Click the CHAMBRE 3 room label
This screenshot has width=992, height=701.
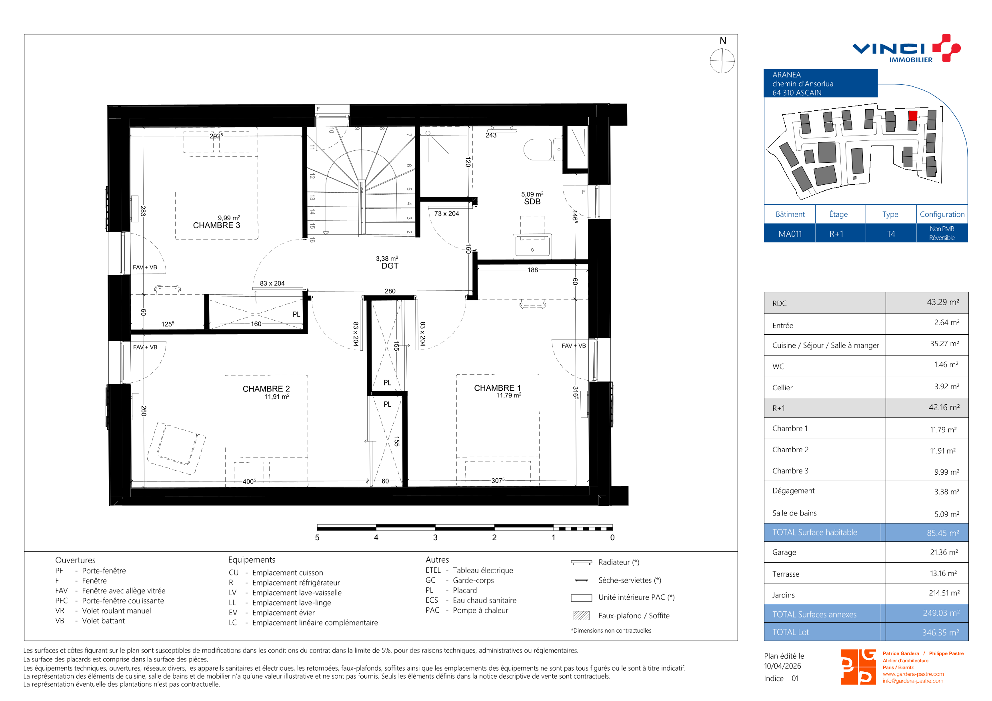click(216, 226)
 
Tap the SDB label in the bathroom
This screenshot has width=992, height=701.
click(532, 202)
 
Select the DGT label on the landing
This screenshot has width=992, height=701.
click(390, 266)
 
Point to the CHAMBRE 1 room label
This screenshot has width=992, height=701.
click(497, 388)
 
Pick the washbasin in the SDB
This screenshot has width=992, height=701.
click(532, 247)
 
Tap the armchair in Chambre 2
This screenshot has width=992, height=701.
click(176, 448)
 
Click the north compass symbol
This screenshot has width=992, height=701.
click(722, 61)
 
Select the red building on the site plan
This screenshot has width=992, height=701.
click(912, 116)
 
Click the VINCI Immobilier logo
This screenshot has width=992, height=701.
click(906, 49)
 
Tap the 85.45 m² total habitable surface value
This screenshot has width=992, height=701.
click(943, 533)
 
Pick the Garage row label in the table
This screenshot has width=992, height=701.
click(784, 552)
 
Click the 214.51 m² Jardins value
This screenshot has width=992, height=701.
click(944, 593)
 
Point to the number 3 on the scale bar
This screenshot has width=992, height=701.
click(435, 537)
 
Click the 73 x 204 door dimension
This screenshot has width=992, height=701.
click(446, 214)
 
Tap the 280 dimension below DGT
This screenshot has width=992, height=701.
click(390, 291)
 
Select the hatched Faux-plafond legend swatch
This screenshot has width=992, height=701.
click(581, 615)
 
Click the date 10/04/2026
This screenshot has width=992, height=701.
click(782, 666)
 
